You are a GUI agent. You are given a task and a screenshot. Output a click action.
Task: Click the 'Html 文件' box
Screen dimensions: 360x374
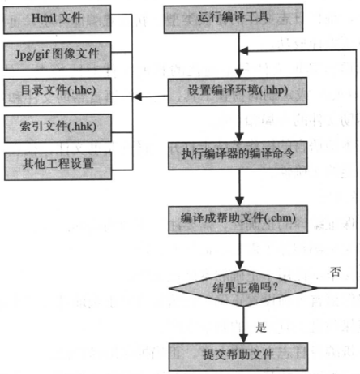(57, 19)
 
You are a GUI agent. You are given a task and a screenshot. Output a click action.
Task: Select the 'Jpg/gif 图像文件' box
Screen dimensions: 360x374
(58, 56)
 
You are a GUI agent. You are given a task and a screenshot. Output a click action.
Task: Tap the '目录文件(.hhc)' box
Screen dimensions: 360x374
(58, 92)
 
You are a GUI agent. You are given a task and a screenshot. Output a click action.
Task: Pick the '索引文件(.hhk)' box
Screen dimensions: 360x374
(58, 128)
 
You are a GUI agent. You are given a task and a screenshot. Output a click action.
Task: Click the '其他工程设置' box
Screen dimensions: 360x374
(58, 166)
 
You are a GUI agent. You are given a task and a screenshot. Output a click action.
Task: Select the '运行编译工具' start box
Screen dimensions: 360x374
(234, 19)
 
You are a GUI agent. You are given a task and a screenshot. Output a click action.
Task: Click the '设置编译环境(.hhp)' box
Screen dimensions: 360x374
(238, 92)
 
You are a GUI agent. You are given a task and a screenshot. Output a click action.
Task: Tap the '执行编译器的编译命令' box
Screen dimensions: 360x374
(238, 156)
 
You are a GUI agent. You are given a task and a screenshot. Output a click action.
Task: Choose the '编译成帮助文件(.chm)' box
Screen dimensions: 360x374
(238, 220)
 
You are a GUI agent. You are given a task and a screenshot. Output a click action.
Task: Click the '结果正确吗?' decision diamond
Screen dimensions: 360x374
(242, 288)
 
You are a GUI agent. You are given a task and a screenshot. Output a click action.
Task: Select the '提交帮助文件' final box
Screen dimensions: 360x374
(238, 356)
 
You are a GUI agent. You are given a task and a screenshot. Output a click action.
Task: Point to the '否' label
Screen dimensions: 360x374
(335, 272)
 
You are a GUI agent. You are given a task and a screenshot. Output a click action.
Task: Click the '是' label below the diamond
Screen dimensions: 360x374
(261, 327)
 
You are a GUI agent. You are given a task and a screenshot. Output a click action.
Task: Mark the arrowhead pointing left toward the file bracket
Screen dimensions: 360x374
(137, 97)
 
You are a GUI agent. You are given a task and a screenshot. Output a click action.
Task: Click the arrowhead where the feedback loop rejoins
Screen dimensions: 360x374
(244, 51)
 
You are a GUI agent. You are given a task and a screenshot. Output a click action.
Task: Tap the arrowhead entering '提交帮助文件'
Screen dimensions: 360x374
(243, 338)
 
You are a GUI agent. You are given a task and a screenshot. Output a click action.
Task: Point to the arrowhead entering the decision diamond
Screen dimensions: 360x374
(239, 265)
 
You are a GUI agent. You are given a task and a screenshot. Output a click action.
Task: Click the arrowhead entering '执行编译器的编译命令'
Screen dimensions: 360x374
(239, 137)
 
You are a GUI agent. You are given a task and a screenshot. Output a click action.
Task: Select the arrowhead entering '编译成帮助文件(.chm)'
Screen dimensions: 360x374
(239, 201)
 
